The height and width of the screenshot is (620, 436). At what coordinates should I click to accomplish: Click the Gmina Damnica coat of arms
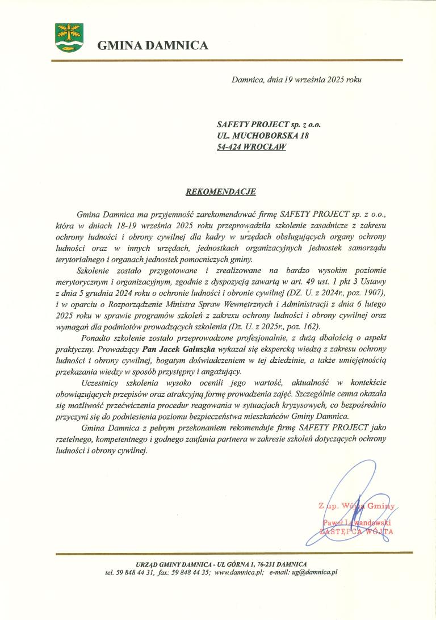[69, 38]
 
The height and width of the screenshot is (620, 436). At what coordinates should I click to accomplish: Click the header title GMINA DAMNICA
[153, 46]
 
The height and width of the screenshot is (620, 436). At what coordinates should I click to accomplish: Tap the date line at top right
[296, 80]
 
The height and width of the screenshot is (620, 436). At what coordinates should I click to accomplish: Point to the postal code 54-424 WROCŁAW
[251, 146]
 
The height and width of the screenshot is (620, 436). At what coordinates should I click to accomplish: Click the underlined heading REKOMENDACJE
[221, 192]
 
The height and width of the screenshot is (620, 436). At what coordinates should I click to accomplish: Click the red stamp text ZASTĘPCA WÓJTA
[357, 532]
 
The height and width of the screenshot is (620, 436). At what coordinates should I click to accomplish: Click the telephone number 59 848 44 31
[135, 573]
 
